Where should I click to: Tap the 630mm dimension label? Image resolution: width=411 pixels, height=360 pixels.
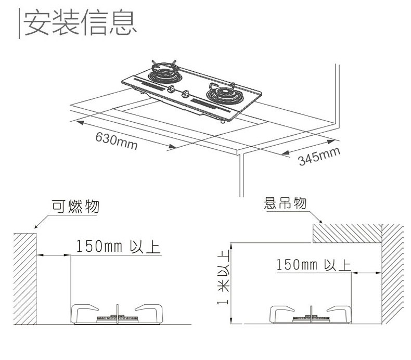116,140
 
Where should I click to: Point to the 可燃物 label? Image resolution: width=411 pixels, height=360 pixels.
76,207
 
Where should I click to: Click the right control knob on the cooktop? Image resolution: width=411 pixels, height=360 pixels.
186,95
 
